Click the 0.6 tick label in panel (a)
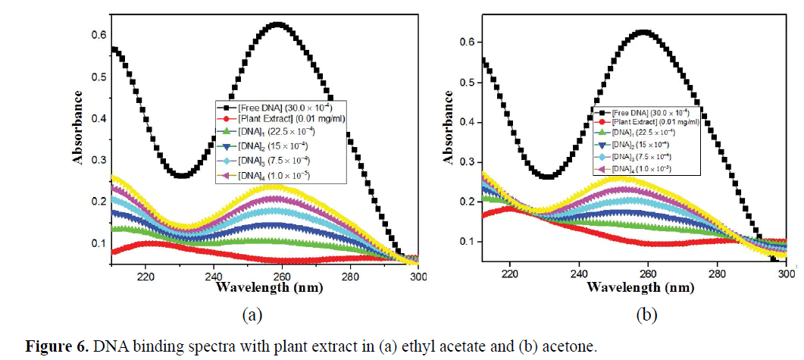coord(99,35)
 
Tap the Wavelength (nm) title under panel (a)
coord(261,287)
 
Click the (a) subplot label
coord(251,314)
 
